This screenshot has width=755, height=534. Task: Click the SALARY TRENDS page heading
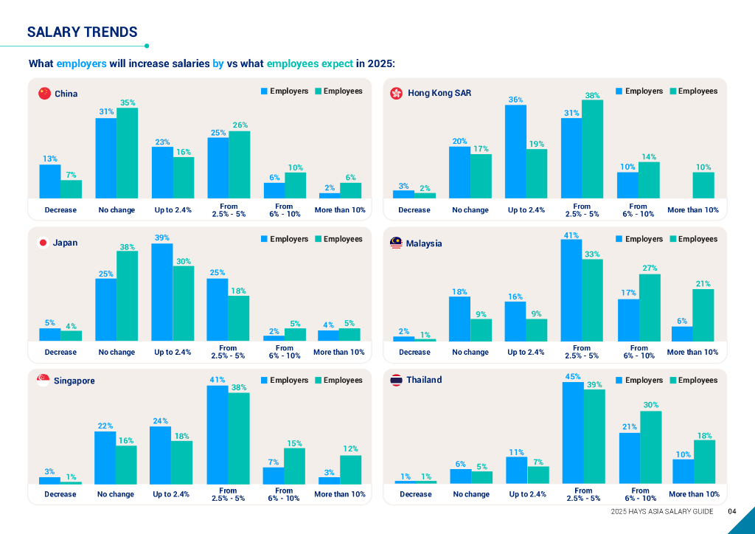[x=82, y=32]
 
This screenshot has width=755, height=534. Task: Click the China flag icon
[x=44, y=94]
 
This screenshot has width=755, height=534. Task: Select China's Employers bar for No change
[x=106, y=158]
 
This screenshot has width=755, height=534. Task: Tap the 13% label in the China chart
[x=49, y=159]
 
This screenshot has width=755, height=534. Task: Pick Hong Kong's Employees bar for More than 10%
[x=703, y=185]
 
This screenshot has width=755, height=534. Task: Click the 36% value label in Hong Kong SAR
[x=515, y=100]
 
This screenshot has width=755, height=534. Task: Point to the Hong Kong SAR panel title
[x=439, y=93]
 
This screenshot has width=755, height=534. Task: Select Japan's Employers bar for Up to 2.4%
[x=162, y=292]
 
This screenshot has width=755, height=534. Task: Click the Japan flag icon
[x=43, y=243]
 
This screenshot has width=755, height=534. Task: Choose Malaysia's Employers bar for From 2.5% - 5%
[x=571, y=290]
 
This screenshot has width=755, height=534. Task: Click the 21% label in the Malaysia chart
[x=703, y=283]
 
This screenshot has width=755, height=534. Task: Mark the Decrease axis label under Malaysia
[x=414, y=352]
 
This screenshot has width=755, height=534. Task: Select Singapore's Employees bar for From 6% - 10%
[x=294, y=466]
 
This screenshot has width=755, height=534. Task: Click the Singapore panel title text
[x=74, y=381]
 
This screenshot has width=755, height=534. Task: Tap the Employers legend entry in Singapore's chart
[x=284, y=380]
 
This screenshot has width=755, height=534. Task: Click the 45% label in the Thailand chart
[x=572, y=376]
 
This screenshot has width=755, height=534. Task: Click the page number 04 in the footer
[x=732, y=512]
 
